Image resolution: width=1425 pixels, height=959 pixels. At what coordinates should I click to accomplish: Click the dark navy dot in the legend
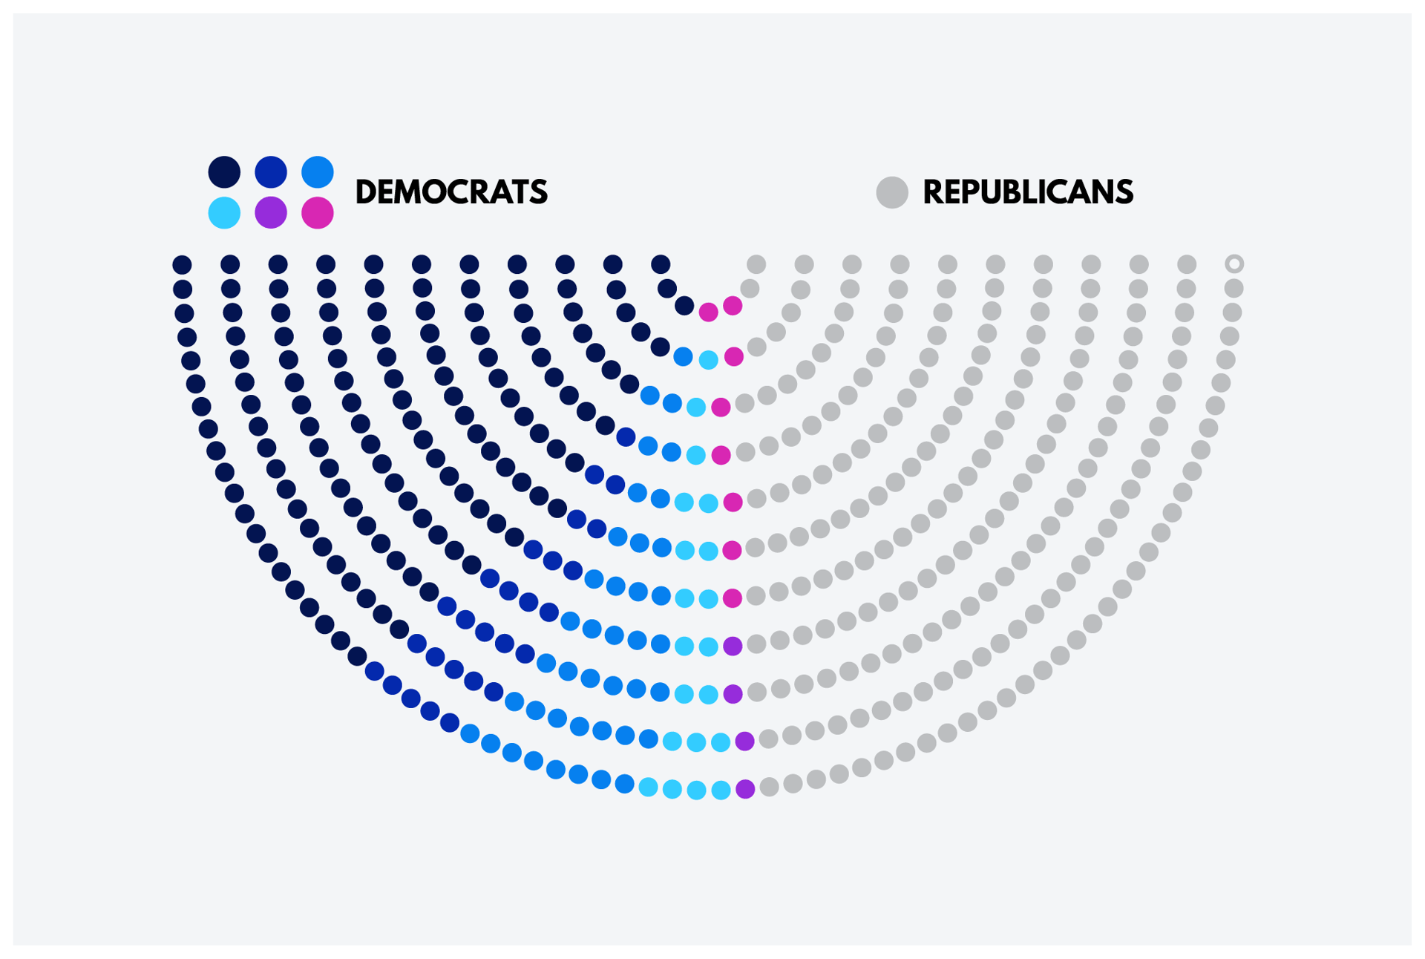224,172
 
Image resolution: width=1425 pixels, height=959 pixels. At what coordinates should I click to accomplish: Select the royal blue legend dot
271,172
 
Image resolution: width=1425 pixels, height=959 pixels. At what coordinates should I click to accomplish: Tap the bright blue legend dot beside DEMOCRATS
318,172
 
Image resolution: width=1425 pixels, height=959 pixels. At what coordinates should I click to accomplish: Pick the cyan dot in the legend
224,213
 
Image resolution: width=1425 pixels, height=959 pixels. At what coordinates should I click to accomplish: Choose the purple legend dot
271,213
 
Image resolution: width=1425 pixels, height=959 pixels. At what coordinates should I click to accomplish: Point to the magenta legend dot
318,213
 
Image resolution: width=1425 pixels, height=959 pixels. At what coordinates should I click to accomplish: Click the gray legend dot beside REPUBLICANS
892,192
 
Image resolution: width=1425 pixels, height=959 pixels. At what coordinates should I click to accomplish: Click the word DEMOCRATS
451,192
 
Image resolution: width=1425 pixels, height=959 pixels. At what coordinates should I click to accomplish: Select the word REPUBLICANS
1028,192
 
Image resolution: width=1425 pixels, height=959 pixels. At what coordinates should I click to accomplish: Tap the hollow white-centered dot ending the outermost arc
1234,264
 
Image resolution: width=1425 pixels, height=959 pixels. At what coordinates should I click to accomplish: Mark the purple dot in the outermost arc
745,789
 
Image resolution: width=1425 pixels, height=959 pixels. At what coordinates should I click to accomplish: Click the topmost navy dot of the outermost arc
182,264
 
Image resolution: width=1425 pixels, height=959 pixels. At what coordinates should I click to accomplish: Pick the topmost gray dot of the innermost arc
756,264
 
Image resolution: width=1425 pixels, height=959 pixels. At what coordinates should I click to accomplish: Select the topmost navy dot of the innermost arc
661,264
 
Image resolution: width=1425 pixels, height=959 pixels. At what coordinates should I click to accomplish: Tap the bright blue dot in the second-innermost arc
683,357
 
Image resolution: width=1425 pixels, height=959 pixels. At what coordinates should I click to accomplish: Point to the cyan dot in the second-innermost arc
709,360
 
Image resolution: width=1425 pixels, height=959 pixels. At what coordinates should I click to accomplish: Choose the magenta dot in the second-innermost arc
733,357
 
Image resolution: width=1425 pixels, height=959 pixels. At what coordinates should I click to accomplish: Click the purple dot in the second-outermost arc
744,741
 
